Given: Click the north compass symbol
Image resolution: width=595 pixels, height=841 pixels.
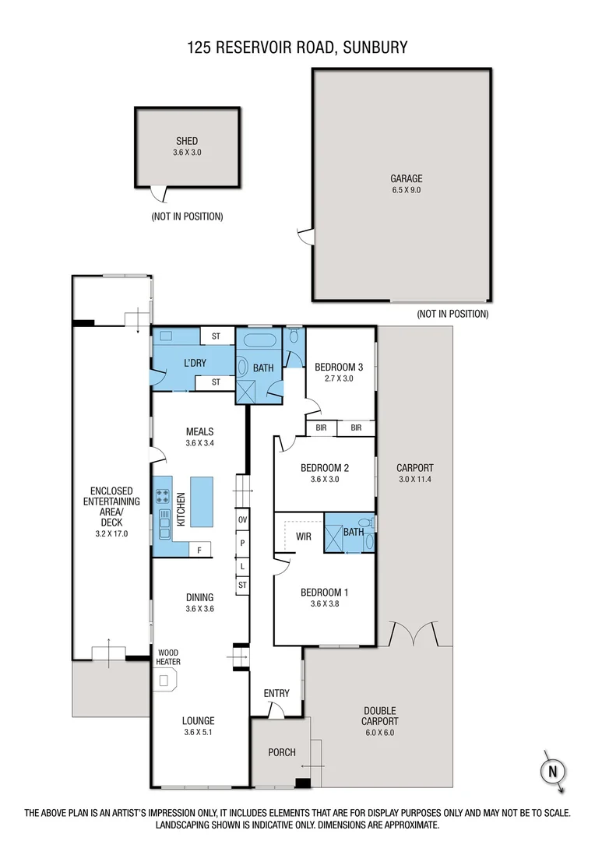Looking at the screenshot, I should coord(552,771).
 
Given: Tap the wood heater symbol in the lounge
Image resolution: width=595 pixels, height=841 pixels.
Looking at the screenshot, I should coord(165,681).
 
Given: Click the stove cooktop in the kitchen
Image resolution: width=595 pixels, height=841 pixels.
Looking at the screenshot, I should coord(164,494).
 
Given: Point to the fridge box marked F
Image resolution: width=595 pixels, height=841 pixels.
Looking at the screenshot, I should coord(200,551).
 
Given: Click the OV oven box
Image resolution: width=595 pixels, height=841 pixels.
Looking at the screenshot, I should coord(242,519).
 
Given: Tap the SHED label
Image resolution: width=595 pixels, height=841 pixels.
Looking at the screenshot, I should coord(187,142).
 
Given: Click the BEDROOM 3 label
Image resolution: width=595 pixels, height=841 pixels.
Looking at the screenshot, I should coord(339,368).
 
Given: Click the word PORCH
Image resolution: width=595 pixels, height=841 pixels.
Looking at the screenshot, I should coord(281,752).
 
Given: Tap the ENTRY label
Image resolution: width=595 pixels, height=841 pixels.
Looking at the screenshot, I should coord(276,693).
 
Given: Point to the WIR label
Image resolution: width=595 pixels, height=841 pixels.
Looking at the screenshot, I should coord(304,537).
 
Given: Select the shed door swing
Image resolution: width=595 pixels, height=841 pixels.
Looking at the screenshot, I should coord(159,194).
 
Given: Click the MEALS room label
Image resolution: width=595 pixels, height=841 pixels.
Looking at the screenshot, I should coord(199,431).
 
